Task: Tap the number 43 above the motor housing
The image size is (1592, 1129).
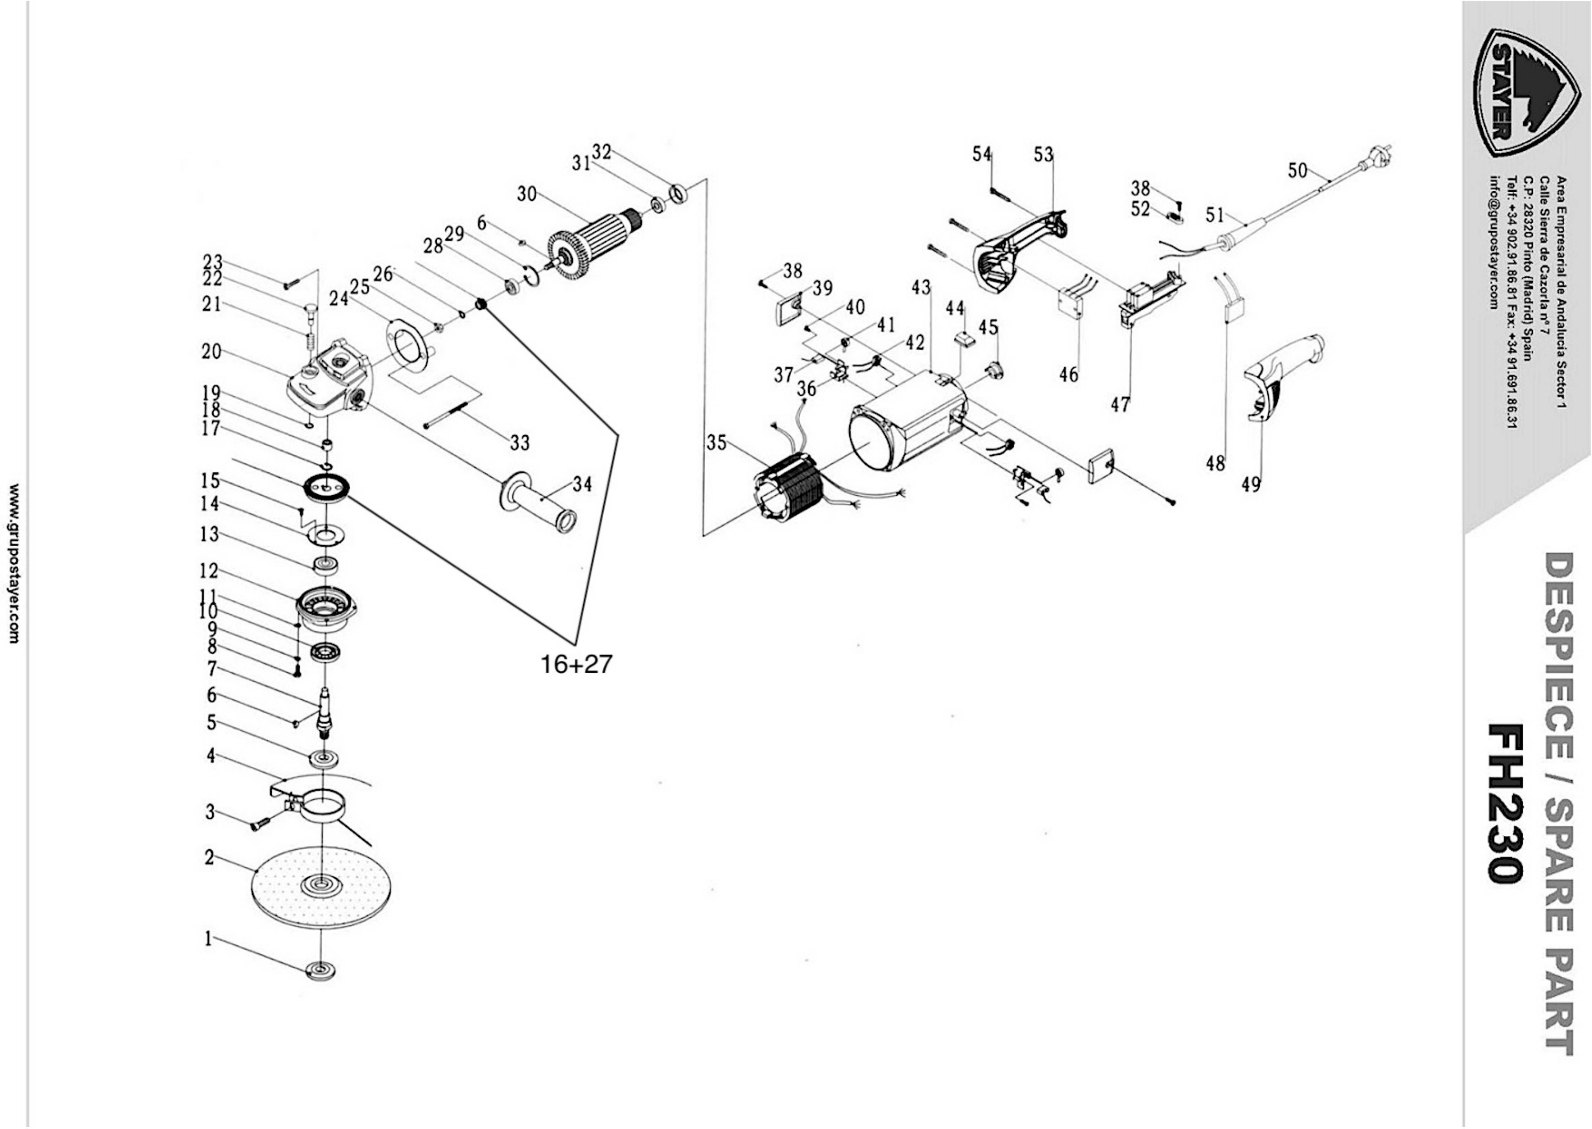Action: coord(921,287)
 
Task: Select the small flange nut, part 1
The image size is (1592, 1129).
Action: coord(320,970)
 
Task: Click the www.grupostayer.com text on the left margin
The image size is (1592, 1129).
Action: coord(14,563)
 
